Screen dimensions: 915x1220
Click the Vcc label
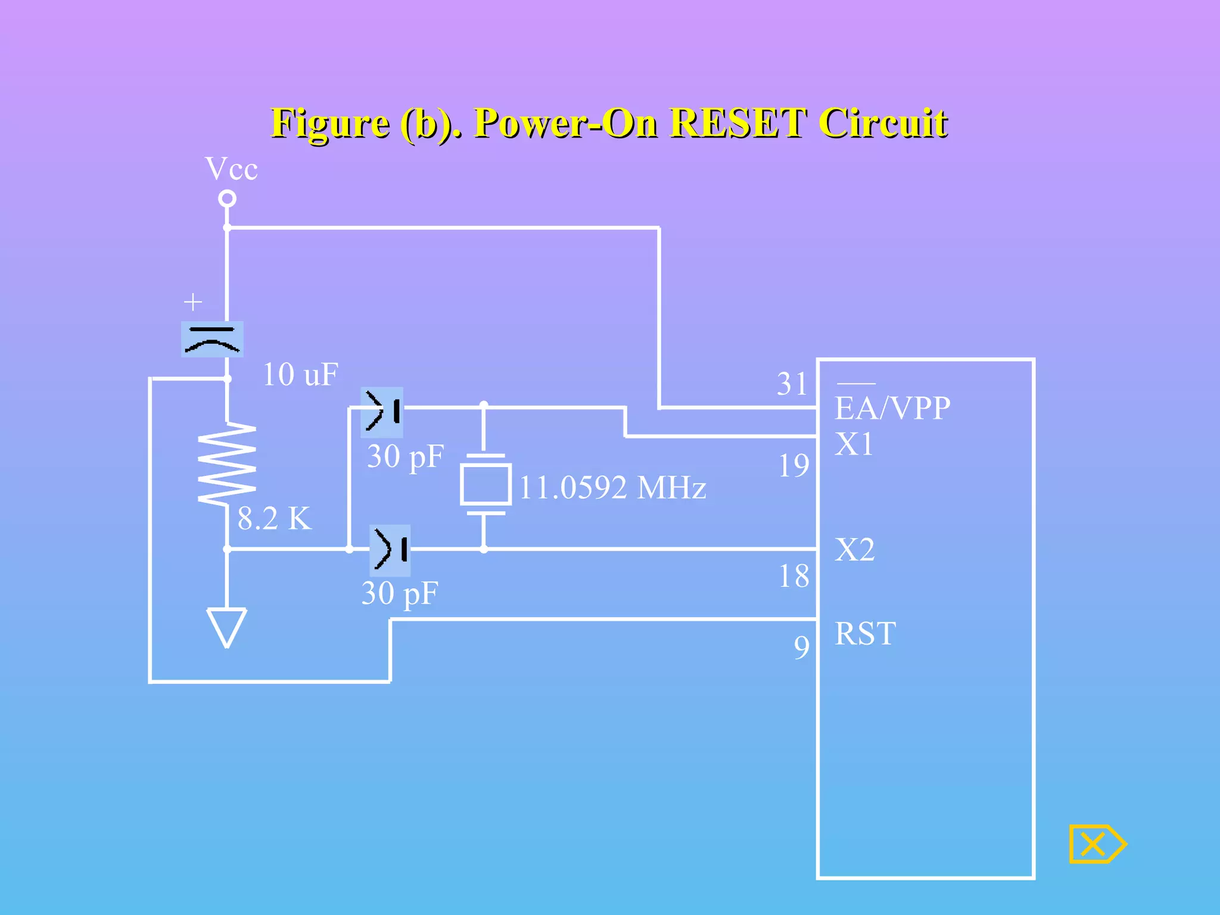tap(231, 169)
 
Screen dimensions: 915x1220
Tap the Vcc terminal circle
tap(227, 198)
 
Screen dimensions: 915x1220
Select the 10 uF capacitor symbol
tap(212, 340)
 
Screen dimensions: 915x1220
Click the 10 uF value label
tap(300, 375)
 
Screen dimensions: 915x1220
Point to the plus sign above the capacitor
tap(192, 302)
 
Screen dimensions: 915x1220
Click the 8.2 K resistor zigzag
tap(227, 464)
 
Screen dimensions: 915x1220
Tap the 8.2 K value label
tap(275, 518)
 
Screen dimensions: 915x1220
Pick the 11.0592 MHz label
tap(612, 488)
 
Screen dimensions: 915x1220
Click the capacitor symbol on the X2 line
tap(390, 550)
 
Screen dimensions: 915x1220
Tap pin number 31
tap(792, 384)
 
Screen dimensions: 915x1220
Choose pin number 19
tap(793, 465)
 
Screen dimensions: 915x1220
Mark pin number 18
tap(793, 576)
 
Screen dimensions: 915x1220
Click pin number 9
tap(802, 647)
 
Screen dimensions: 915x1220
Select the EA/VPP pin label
tap(892, 409)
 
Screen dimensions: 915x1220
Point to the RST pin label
tap(865, 633)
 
